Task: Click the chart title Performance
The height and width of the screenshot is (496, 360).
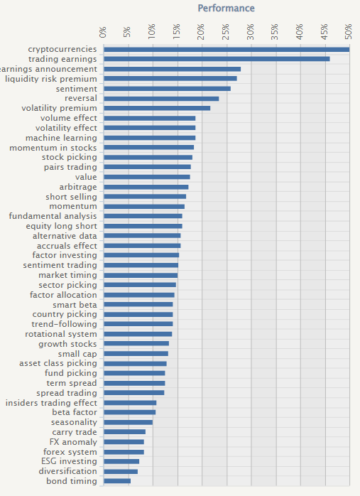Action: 226,9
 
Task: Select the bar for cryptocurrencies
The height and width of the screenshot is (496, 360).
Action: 227,49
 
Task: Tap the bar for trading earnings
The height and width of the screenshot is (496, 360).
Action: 217,59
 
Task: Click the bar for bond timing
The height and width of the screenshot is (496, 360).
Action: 117,481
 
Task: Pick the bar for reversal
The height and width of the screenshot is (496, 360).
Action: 161,99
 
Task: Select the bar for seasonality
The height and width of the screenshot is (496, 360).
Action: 129,422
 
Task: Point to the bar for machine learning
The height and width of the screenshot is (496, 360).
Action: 150,138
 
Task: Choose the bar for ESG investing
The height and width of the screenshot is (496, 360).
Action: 121,461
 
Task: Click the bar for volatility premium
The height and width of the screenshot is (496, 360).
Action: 157,108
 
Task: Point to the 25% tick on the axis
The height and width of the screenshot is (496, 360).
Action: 226,32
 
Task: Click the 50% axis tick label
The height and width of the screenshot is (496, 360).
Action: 349,32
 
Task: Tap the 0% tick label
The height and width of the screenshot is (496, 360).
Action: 103,32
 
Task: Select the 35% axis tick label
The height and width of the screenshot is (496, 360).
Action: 275,32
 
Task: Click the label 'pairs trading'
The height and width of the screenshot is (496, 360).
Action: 70,167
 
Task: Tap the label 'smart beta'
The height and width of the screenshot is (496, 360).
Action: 75,305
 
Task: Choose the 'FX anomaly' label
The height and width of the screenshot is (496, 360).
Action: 73,442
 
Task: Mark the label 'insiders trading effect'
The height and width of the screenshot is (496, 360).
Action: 51,403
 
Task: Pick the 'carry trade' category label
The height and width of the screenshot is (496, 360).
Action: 75,432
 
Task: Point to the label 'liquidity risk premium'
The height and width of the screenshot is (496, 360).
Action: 51,79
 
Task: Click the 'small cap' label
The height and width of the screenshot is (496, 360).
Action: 77,354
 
